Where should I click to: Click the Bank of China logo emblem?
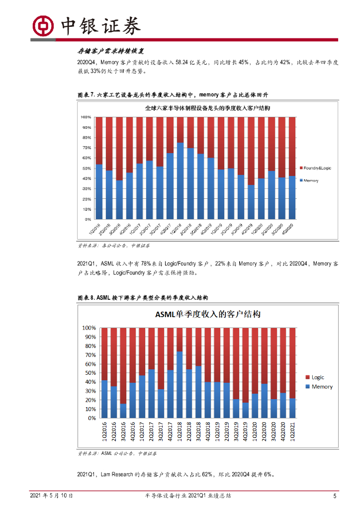(x=43, y=24)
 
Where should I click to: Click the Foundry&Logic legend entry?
(x=317, y=168)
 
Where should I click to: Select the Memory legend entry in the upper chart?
(x=311, y=180)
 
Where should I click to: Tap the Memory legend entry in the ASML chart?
(x=322, y=387)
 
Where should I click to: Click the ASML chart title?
(x=208, y=315)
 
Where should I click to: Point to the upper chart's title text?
(x=207, y=108)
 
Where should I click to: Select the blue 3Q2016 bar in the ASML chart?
(x=123, y=411)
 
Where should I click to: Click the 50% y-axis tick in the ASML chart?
(x=89, y=373)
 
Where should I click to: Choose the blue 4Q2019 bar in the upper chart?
(x=252, y=202)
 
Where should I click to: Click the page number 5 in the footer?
(x=335, y=496)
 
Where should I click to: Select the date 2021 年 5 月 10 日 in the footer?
(x=52, y=496)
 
